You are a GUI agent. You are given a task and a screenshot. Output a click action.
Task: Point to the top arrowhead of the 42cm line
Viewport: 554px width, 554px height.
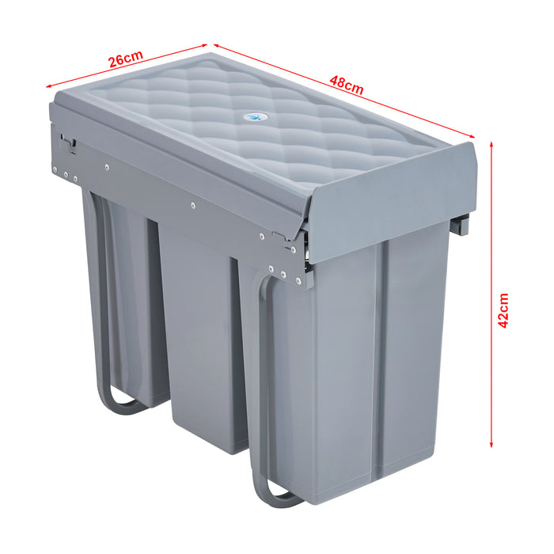tap(492, 146)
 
